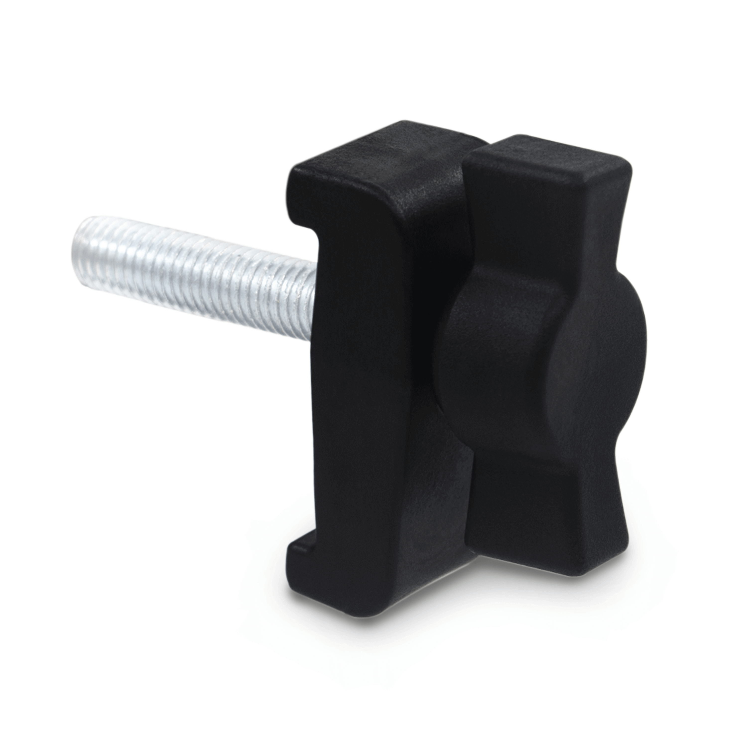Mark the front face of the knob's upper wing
541,224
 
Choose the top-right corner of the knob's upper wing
628,170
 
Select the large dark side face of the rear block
387,387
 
